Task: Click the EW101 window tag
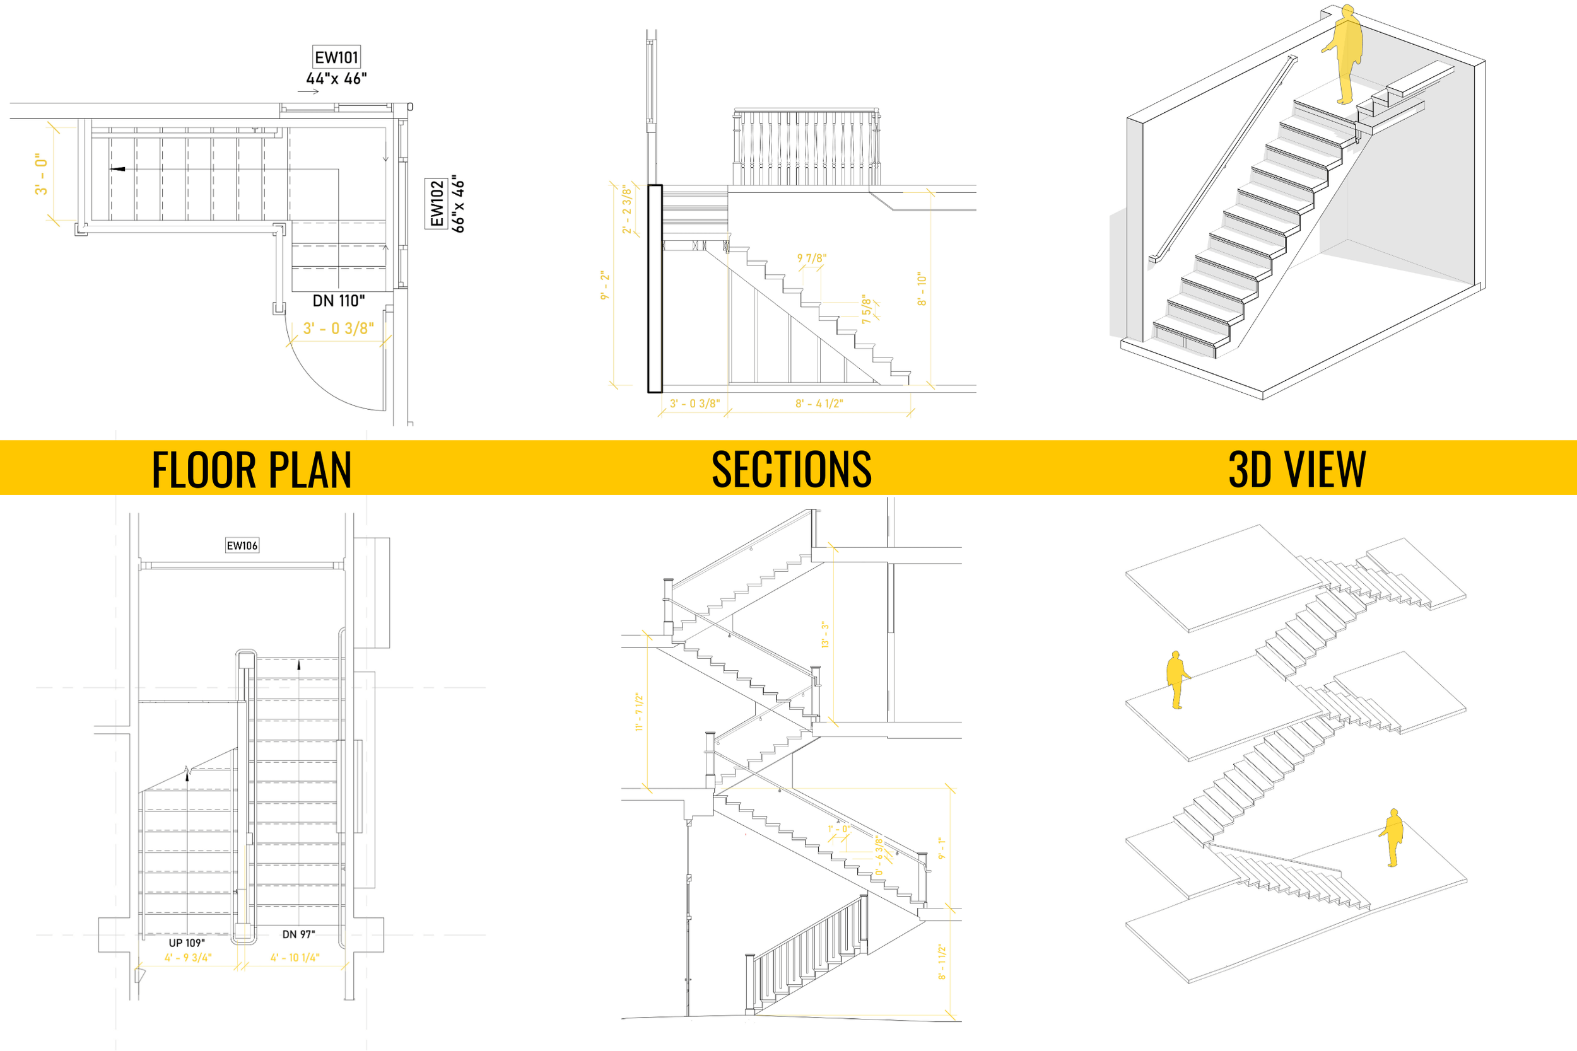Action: pyautogui.click(x=337, y=57)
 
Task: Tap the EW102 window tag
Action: pyautogui.click(x=437, y=204)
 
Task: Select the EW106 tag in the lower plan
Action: pyautogui.click(x=242, y=545)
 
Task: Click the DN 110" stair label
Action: pyautogui.click(x=339, y=301)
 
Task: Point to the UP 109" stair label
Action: pyautogui.click(x=186, y=943)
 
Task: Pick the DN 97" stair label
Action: pyautogui.click(x=298, y=934)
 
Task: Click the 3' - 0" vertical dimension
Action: pyautogui.click(x=42, y=173)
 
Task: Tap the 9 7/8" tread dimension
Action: pyautogui.click(x=811, y=258)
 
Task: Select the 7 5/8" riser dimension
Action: pyautogui.click(x=866, y=310)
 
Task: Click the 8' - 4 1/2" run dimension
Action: pyautogui.click(x=819, y=404)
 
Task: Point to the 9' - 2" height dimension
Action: pyautogui.click(x=605, y=285)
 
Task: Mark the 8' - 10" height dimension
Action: pyautogui.click(x=922, y=289)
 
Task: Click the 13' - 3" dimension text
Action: pyautogui.click(x=825, y=634)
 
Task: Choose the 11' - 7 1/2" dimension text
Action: pyautogui.click(x=639, y=712)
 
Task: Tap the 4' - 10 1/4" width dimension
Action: pyautogui.click(x=295, y=958)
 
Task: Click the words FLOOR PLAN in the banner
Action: pyautogui.click(x=252, y=469)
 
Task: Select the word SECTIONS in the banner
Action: pyautogui.click(x=791, y=469)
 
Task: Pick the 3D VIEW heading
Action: pyautogui.click(x=1297, y=469)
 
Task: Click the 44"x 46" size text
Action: pyautogui.click(x=337, y=78)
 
